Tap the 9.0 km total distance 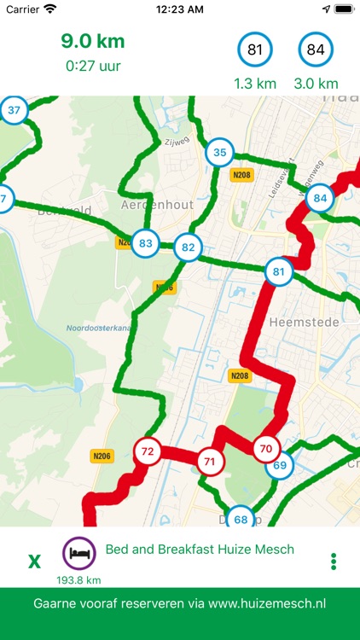[x=92, y=41]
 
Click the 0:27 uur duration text [x=92, y=65]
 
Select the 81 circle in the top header [x=254, y=50]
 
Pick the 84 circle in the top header [x=316, y=50]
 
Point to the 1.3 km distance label [x=254, y=84]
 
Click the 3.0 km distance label [x=316, y=84]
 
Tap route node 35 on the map [x=220, y=154]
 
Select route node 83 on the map [x=146, y=243]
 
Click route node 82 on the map [x=189, y=248]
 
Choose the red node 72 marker [x=147, y=451]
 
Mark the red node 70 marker [x=265, y=448]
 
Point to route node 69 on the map [x=280, y=466]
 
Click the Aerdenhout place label [x=158, y=205]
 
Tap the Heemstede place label [x=292, y=323]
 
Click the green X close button [x=34, y=561]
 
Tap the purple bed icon [x=78, y=553]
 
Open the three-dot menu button [x=334, y=561]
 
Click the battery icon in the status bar [x=343, y=9]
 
